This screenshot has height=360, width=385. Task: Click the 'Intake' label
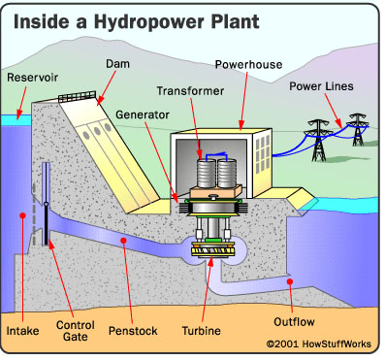point(23,331)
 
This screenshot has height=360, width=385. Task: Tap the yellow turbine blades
point(214,250)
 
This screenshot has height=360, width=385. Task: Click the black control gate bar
point(47,233)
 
